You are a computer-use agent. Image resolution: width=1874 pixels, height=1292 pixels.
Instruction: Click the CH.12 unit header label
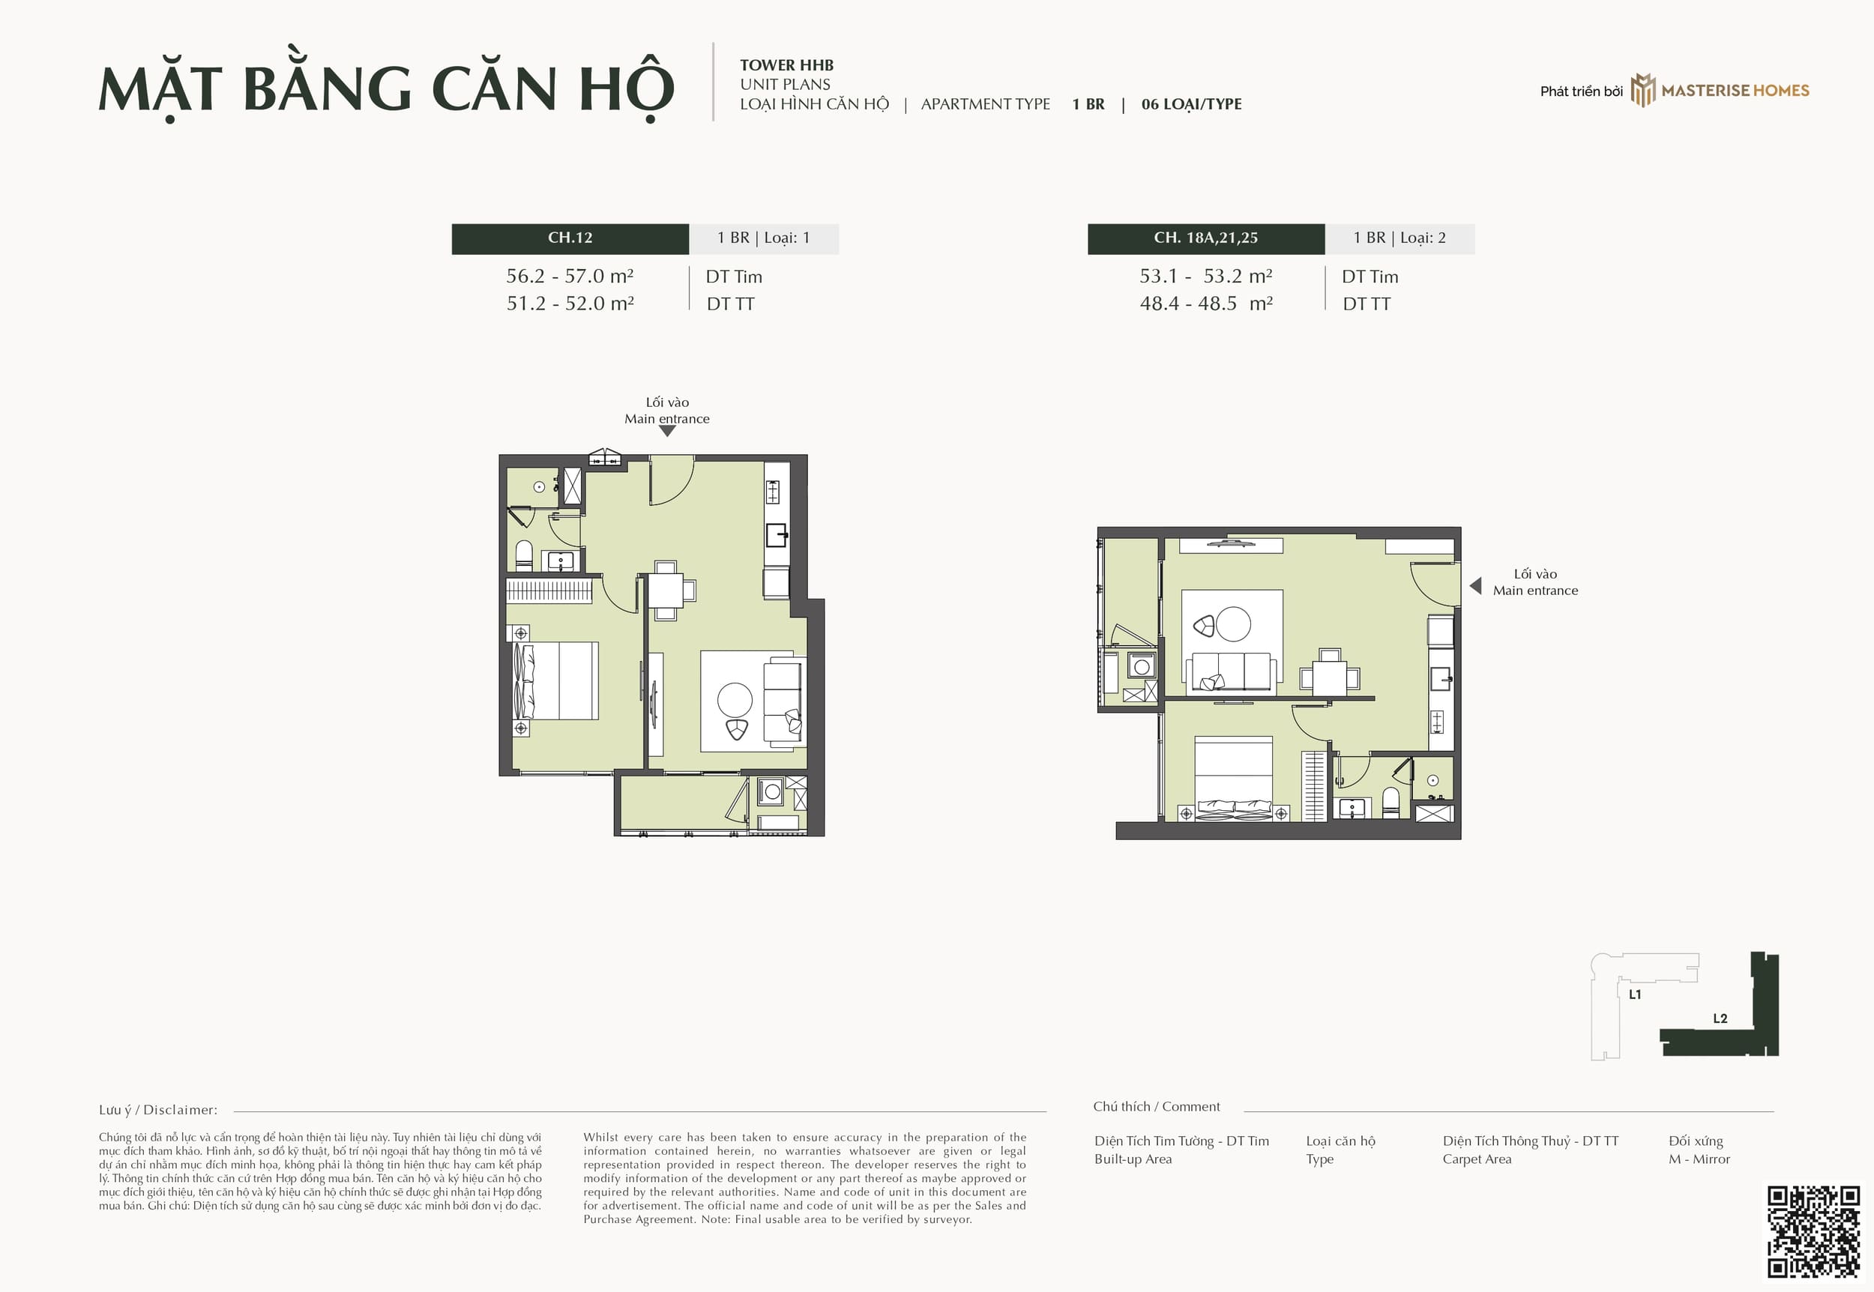(x=570, y=238)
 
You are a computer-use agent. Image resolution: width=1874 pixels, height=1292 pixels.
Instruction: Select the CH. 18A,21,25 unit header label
(x=1205, y=238)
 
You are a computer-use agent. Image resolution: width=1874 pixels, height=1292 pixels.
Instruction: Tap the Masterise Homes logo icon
(x=1642, y=90)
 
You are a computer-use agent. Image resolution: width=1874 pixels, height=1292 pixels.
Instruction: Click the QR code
(x=1813, y=1231)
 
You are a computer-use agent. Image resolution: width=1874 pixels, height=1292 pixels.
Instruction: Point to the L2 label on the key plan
(x=1720, y=1018)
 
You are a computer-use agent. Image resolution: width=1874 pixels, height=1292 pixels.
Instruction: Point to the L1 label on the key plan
(x=1635, y=994)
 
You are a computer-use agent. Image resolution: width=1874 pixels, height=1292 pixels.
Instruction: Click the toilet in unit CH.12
(x=524, y=555)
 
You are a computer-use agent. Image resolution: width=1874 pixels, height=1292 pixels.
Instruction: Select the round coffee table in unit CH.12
(x=734, y=699)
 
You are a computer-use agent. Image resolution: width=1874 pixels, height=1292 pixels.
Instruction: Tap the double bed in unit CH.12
(x=556, y=680)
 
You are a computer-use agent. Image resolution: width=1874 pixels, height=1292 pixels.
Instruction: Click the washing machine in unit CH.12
(x=771, y=791)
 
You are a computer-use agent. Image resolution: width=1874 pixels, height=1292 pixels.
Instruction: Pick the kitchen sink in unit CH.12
(x=777, y=535)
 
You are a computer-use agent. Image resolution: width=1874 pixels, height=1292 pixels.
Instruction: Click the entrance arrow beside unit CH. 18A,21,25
(x=1475, y=585)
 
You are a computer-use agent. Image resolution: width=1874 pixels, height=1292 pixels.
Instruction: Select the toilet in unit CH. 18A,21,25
(x=1391, y=801)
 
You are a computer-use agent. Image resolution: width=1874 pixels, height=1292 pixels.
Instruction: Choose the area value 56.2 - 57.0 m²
(x=570, y=276)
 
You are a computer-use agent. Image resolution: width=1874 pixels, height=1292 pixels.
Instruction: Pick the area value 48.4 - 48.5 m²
(x=1206, y=304)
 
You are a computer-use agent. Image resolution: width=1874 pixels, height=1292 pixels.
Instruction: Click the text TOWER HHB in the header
(x=786, y=64)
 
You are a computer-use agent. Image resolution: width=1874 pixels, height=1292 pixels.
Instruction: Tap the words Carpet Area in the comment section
(x=1477, y=1159)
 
